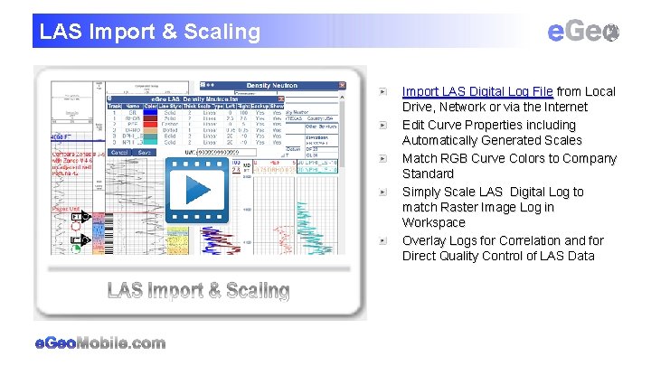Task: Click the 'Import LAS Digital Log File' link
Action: coord(477,91)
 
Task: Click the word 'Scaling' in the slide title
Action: coord(223,32)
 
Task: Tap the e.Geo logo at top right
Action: coord(584,32)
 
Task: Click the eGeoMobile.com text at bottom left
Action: coord(99,343)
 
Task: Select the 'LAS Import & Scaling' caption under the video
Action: coord(198,290)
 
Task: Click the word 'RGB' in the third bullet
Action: coord(455,158)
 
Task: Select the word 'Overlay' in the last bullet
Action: coord(424,240)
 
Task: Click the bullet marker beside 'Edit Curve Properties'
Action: coord(384,125)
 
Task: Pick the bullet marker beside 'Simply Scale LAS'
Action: coord(384,192)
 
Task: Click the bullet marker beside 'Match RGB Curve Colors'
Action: coord(384,158)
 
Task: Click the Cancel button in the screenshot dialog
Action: coord(118,153)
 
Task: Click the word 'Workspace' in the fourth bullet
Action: coord(434,222)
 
